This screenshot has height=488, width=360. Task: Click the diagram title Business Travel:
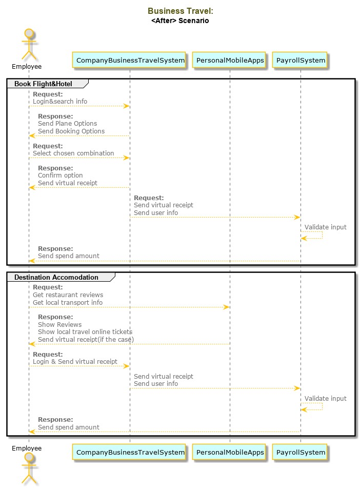(x=180, y=11)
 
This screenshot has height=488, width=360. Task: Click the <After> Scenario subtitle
(x=180, y=21)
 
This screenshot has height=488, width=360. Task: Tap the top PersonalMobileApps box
(x=230, y=60)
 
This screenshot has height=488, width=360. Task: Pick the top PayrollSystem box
(x=301, y=60)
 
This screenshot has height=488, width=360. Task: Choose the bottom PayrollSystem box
(x=301, y=452)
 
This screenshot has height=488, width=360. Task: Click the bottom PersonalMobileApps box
(x=230, y=452)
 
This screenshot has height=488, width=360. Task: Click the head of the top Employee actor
(x=29, y=33)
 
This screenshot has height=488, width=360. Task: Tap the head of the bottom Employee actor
(x=29, y=457)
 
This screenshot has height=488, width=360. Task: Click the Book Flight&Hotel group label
(x=43, y=84)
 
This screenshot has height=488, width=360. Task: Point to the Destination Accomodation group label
(x=56, y=277)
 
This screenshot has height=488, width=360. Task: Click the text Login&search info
(x=60, y=102)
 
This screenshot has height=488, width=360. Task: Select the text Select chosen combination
(x=73, y=153)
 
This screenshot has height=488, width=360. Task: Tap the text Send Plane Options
(x=68, y=124)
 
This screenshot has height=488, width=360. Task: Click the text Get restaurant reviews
(x=68, y=295)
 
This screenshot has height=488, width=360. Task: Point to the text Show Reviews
(x=59, y=325)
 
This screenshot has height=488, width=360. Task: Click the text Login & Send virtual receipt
(x=75, y=362)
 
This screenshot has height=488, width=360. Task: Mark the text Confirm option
(x=61, y=175)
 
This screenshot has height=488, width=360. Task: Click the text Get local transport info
(x=68, y=303)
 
